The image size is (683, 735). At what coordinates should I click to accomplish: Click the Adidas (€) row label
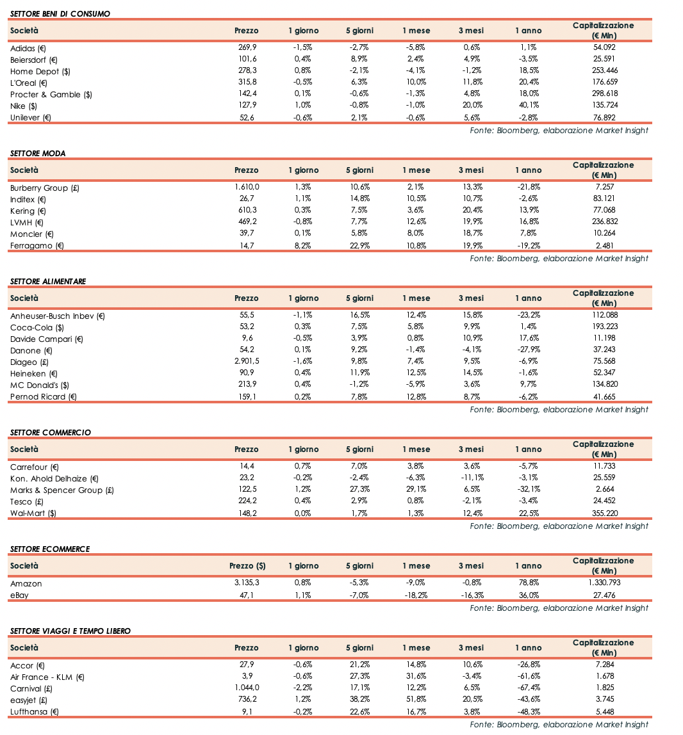point(28,48)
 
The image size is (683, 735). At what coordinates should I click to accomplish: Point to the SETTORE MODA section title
point(38,154)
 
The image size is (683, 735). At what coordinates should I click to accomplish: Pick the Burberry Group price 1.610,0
point(247,188)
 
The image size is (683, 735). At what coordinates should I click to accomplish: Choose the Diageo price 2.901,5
point(247,362)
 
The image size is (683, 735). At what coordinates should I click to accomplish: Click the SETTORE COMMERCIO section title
point(51,433)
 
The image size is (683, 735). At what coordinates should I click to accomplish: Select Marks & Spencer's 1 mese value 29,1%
point(416,490)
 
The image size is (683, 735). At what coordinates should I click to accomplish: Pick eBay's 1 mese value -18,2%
point(416,595)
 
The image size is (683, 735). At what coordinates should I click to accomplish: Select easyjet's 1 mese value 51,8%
point(416,700)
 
